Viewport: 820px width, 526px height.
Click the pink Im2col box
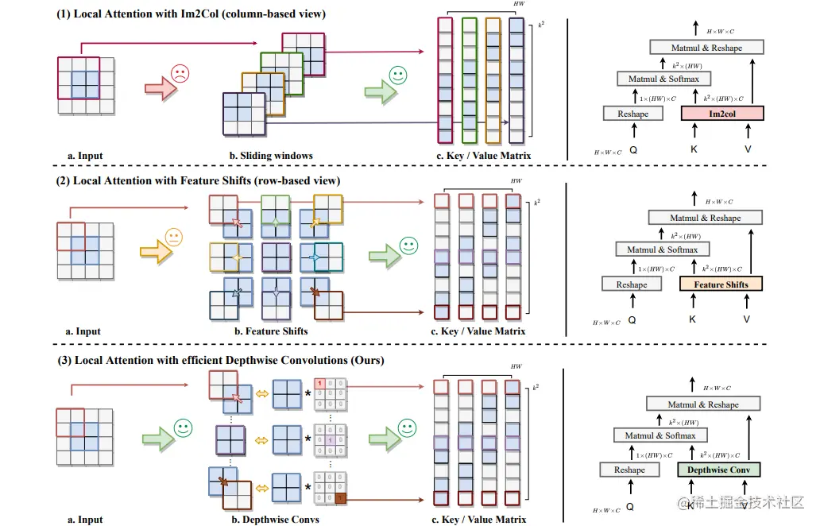pos(721,114)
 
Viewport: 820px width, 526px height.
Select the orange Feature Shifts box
pos(721,284)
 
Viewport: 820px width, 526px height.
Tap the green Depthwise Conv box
pos(718,470)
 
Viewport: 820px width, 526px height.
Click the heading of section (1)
pos(191,14)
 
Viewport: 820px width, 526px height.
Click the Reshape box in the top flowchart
pos(632,114)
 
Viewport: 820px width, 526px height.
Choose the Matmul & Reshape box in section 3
pos(705,404)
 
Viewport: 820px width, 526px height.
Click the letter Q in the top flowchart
pos(633,149)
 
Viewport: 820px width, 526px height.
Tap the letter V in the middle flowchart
pos(746,319)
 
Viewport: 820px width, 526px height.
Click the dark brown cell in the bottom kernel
pos(340,498)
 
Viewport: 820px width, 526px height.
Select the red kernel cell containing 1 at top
pos(319,384)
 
